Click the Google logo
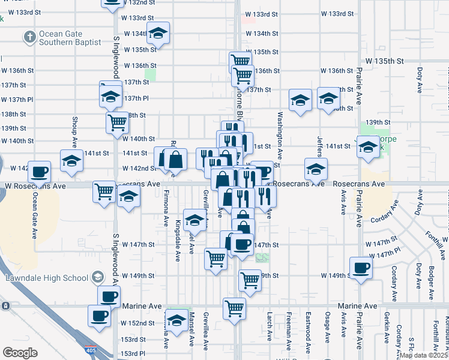(20, 353)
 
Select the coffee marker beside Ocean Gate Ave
(40, 172)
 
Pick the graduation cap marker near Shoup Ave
(71, 161)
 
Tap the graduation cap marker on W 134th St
(158, 34)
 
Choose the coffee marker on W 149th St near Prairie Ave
(361, 268)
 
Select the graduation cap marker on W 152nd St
(176, 322)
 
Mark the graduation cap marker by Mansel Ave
(194, 221)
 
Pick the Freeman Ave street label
(289, 331)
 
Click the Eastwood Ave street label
(308, 331)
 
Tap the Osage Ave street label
(328, 331)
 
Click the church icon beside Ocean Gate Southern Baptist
(29, 37)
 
